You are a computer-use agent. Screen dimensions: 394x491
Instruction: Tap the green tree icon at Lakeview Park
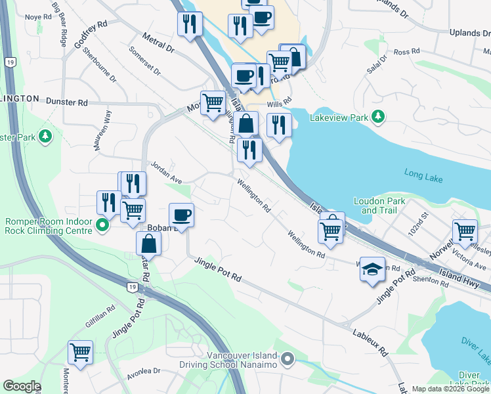[x=378, y=117]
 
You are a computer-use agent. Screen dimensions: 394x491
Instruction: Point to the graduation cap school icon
[x=372, y=269]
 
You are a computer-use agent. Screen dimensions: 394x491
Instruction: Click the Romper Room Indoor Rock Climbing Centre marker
[x=102, y=227]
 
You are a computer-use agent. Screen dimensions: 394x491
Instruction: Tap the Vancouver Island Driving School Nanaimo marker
[x=288, y=359]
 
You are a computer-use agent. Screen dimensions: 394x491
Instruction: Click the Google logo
[x=22, y=386]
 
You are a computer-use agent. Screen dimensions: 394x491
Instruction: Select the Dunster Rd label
[x=66, y=102]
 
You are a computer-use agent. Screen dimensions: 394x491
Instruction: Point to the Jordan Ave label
[x=166, y=172]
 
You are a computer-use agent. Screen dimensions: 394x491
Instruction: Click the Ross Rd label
[x=406, y=51]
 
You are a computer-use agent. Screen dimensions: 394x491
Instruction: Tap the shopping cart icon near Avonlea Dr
[x=81, y=353]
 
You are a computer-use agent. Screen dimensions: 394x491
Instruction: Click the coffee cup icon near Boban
[x=181, y=214]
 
